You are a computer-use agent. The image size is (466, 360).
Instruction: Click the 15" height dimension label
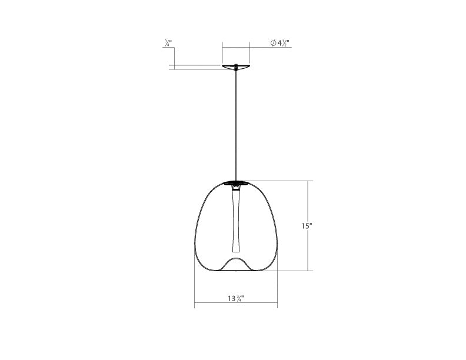(307, 226)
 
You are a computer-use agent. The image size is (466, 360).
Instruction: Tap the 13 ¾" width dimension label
(236, 298)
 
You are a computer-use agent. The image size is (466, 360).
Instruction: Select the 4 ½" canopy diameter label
(283, 43)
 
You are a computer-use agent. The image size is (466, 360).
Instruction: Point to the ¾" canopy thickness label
(168, 43)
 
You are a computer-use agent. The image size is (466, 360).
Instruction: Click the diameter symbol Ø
(273, 43)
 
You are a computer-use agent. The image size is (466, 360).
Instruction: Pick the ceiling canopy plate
(237, 67)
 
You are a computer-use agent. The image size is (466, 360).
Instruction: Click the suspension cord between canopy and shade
(237, 125)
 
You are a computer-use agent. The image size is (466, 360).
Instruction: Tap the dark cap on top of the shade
(237, 183)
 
